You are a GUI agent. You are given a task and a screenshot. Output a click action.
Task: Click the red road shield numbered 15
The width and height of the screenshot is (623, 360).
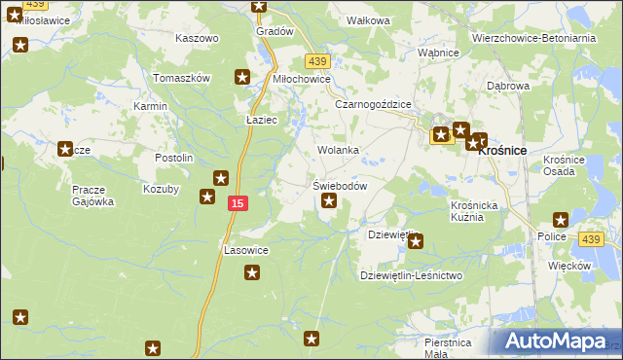click(x=238, y=202)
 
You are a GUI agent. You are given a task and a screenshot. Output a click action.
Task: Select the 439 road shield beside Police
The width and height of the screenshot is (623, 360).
click(x=590, y=238)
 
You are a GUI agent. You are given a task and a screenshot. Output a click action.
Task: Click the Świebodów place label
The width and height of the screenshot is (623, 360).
click(x=339, y=186)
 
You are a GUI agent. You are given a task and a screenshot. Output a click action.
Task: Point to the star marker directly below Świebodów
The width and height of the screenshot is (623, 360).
click(x=329, y=201)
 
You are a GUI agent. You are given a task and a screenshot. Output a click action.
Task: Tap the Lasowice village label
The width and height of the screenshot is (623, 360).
click(x=246, y=250)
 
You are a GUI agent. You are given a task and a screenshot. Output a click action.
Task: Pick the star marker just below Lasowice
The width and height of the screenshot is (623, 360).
click(x=252, y=272)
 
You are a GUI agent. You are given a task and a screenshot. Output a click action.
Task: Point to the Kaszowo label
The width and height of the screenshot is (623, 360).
click(x=197, y=38)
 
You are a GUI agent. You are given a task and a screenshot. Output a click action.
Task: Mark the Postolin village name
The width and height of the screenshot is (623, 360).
click(x=174, y=158)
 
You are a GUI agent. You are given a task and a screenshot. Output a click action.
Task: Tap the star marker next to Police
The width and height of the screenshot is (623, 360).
click(x=560, y=220)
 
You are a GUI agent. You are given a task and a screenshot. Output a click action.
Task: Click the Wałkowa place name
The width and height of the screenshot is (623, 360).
click(x=369, y=19)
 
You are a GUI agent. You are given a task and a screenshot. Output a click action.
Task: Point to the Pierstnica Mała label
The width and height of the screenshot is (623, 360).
click(x=448, y=348)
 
